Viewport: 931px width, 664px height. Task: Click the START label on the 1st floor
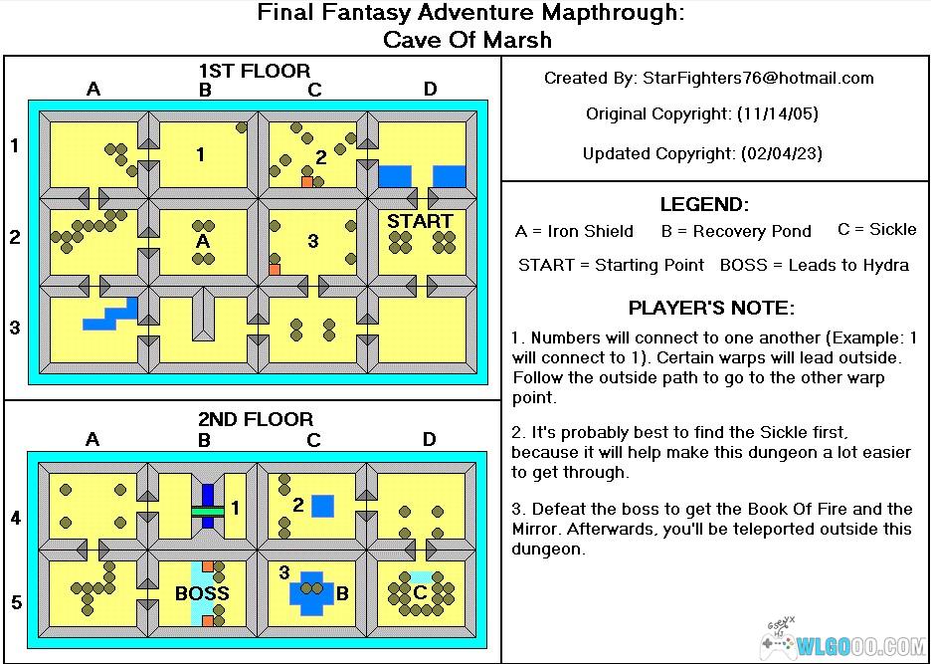tap(420, 220)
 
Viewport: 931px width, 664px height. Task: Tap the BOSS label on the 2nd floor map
tap(202, 593)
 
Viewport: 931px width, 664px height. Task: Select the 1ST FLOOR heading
tap(255, 71)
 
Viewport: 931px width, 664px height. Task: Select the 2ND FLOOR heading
tap(256, 419)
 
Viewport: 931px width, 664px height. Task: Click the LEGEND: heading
tap(703, 205)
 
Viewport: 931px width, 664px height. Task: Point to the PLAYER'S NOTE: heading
tap(711, 308)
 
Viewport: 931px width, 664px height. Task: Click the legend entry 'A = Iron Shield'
tap(574, 231)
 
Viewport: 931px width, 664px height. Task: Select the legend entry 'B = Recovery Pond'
tap(736, 231)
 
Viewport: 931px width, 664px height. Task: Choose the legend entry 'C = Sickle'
tap(876, 229)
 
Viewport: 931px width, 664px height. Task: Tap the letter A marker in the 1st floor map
tap(203, 241)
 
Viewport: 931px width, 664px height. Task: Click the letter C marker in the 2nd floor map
tap(421, 592)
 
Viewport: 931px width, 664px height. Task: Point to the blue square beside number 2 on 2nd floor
tap(322, 506)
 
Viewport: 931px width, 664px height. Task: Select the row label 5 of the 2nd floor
tap(15, 602)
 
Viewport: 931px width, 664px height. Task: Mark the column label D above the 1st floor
tap(430, 90)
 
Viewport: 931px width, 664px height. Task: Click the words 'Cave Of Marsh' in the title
tap(466, 40)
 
